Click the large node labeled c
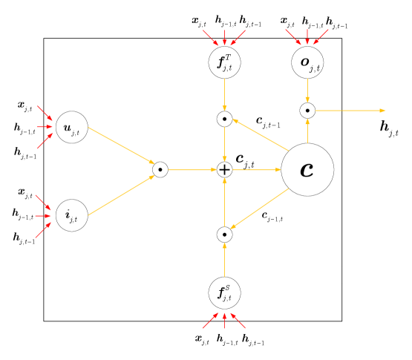[307, 170]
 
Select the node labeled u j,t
[72, 128]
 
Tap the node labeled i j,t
[72, 215]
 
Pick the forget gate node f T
[224, 62]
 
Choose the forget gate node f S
[224, 292]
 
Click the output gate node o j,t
[307, 62]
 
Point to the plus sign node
[224, 170]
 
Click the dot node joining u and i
[160, 170]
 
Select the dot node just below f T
[224, 119]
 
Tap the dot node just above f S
[224, 235]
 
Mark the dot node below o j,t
[307, 111]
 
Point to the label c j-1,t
[272, 216]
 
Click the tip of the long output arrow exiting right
[385, 111]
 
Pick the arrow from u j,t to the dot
[120, 148]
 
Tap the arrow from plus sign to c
[257, 170]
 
